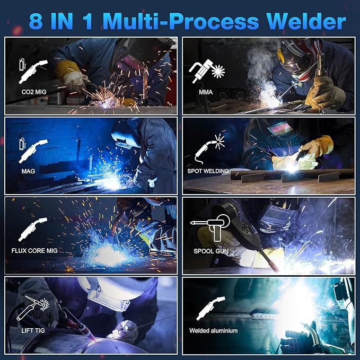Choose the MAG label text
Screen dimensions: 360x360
pyautogui.click(x=29, y=171)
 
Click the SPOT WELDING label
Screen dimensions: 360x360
pyautogui.click(x=208, y=171)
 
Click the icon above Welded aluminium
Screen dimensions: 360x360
pyautogui.click(x=209, y=309)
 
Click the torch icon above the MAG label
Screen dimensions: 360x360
pyautogui.click(x=32, y=151)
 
